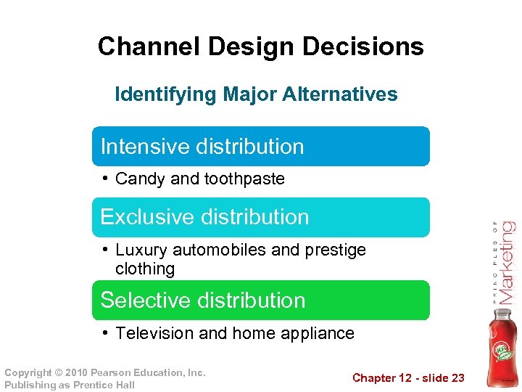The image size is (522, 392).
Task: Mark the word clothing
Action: coord(145,269)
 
